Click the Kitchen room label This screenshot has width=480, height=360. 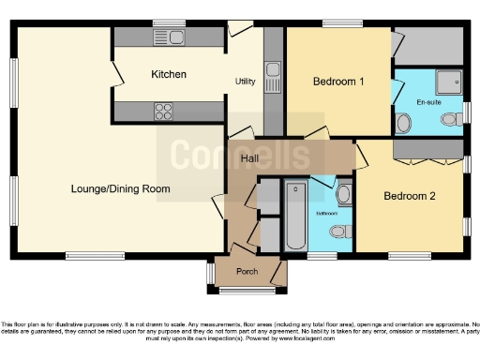click(169, 74)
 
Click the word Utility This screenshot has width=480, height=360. click(246, 82)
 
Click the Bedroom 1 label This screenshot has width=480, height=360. click(337, 82)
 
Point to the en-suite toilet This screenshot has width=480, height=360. click(405, 122)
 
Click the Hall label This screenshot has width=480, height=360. click(249, 158)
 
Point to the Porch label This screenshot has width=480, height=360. click(247, 273)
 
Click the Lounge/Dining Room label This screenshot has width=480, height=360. click(121, 188)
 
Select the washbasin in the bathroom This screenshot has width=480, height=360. click(343, 194)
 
